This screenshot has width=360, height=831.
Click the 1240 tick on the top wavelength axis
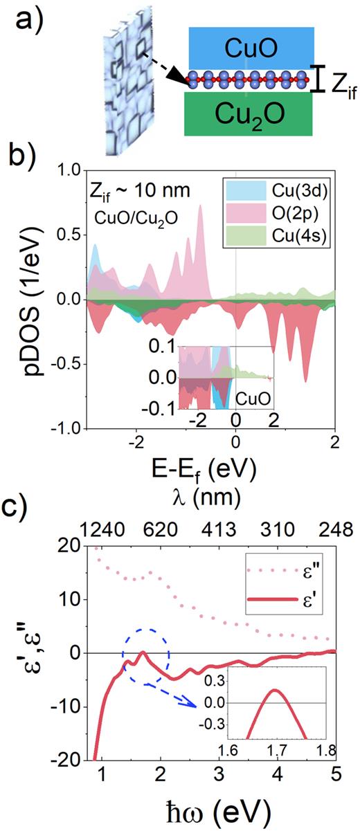coord(102,531)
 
